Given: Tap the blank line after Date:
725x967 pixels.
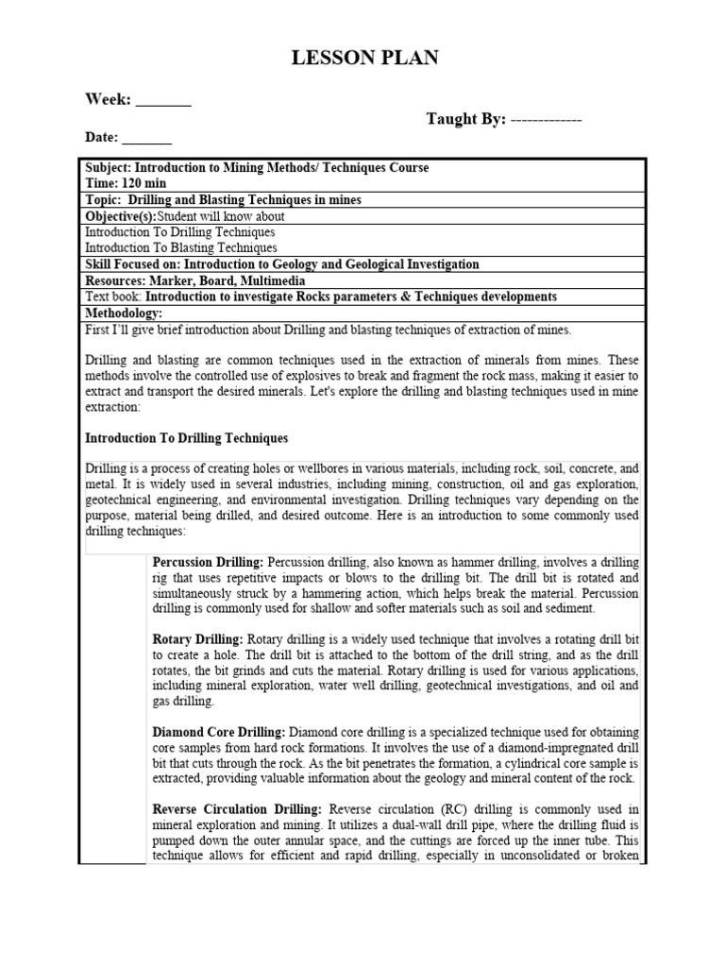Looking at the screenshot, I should click(x=148, y=138).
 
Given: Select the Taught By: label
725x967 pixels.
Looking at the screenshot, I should click(x=466, y=119).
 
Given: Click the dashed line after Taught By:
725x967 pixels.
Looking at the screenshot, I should click(x=546, y=120).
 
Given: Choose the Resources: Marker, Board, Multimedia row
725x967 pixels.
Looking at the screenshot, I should click(x=195, y=280).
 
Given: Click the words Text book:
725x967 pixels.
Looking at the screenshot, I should click(x=114, y=297).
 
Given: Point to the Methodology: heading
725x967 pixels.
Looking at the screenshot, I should click(x=124, y=313).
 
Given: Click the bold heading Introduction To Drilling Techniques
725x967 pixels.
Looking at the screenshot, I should click(x=187, y=438).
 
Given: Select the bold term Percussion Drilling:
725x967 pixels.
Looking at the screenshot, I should click(x=209, y=562).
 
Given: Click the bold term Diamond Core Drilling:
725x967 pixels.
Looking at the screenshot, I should click(x=219, y=732).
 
